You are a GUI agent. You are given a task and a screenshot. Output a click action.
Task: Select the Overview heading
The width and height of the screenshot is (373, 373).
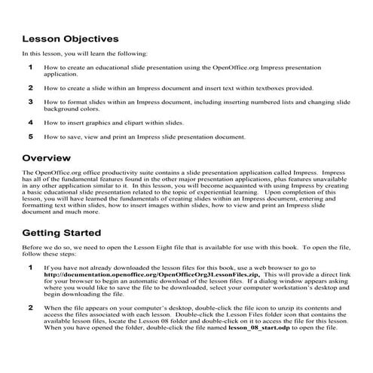47,158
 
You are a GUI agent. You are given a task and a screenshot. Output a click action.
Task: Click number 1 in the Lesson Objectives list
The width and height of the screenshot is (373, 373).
31,67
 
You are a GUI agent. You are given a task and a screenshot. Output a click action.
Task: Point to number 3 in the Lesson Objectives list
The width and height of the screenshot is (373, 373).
31,101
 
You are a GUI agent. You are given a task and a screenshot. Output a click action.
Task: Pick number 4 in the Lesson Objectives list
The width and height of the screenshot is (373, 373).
31,121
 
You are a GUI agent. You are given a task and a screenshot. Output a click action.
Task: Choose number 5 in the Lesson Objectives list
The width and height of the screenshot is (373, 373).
31,137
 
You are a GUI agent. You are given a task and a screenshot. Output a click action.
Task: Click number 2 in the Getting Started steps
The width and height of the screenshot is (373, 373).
31,308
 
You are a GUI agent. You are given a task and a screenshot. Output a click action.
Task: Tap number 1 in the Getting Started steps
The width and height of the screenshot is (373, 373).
31,268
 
